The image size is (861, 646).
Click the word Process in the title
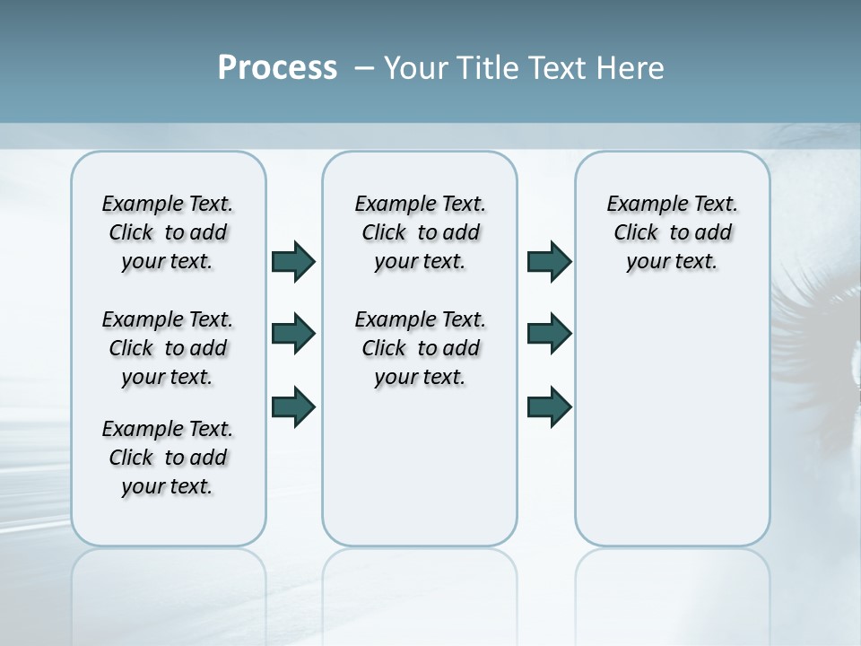[x=277, y=67]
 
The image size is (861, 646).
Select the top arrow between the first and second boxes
[x=293, y=261]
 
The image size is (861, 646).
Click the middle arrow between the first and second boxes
[x=293, y=334]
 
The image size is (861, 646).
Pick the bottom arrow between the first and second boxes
[x=293, y=406]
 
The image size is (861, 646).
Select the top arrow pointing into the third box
[x=549, y=261]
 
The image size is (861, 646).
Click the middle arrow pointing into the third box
[x=549, y=334]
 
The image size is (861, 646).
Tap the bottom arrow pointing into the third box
[x=549, y=406]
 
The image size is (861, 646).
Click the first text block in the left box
[x=168, y=232]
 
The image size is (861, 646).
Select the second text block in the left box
[x=168, y=348]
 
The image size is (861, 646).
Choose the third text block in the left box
[x=168, y=458]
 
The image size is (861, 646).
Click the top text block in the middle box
[x=420, y=232]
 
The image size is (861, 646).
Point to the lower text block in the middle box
[x=420, y=348]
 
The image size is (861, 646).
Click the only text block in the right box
[x=673, y=232]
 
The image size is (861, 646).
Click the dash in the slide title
[x=364, y=68]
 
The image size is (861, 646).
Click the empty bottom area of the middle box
[x=420, y=476]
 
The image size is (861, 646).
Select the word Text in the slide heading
[x=555, y=68]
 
